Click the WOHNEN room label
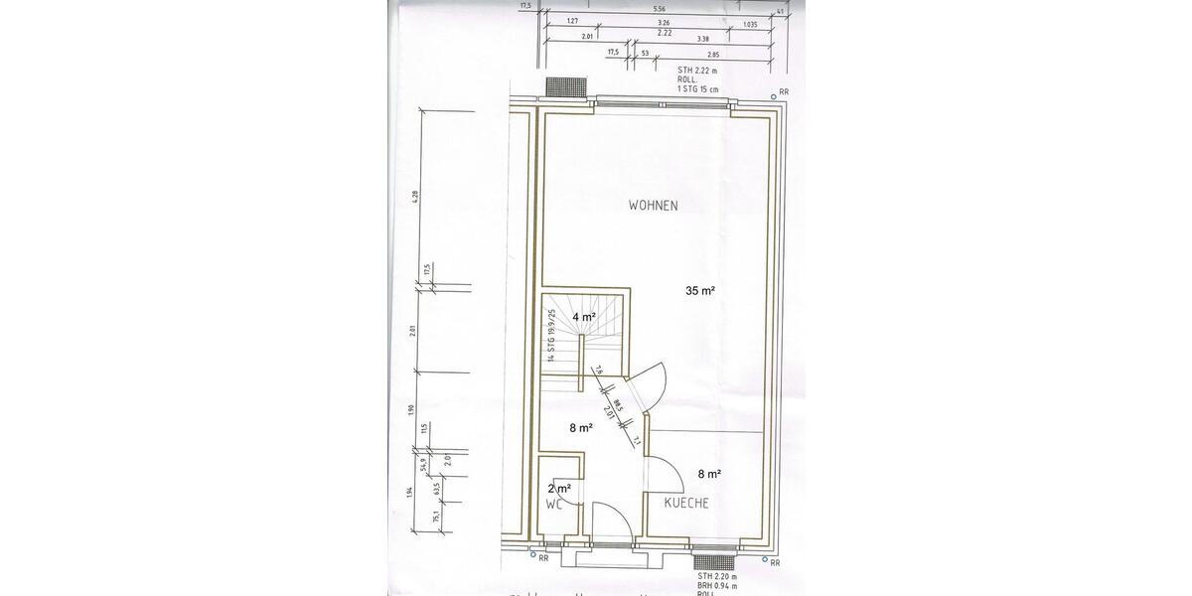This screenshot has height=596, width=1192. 653,206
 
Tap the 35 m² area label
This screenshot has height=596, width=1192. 700,291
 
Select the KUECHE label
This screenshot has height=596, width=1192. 686,504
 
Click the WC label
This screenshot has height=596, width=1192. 554,504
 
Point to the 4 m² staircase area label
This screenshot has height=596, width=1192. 583,317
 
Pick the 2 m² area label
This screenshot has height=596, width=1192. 559,488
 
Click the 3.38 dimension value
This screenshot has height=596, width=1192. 702,37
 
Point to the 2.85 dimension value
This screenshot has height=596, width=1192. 712,53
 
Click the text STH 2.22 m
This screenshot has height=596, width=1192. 697,71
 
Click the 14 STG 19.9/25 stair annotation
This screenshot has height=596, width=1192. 549,336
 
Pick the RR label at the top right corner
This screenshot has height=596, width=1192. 784,91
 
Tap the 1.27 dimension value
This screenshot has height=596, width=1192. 573,21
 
